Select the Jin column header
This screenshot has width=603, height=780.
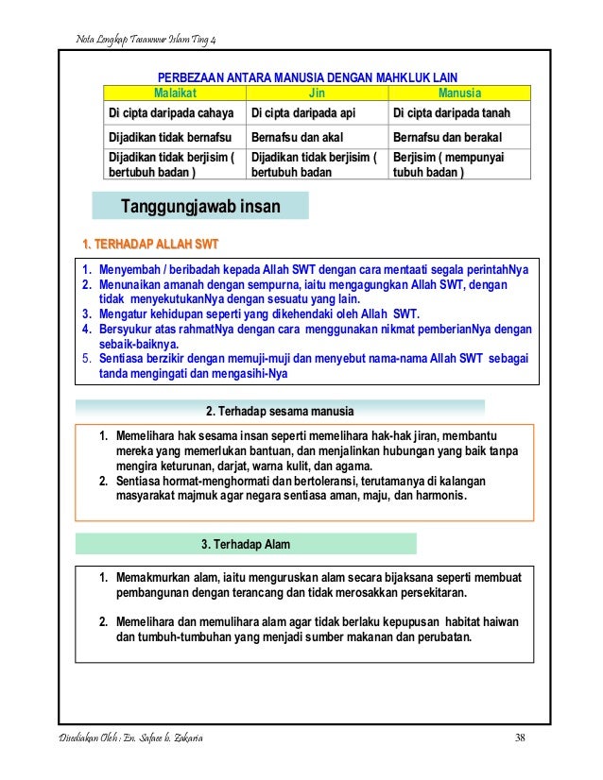pyautogui.click(x=317, y=94)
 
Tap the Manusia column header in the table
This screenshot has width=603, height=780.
pyautogui.click(x=459, y=94)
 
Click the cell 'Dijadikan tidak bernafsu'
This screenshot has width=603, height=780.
pyautogui.click(x=170, y=137)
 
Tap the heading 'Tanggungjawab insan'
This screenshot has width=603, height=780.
pyautogui.click(x=200, y=206)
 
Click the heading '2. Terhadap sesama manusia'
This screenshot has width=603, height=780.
pyautogui.click(x=280, y=412)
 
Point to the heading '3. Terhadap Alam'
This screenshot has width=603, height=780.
pyautogui.click(x=246, y=545)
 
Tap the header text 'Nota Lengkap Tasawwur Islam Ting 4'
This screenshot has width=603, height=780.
pyautogui.click(x=146, y=38)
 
